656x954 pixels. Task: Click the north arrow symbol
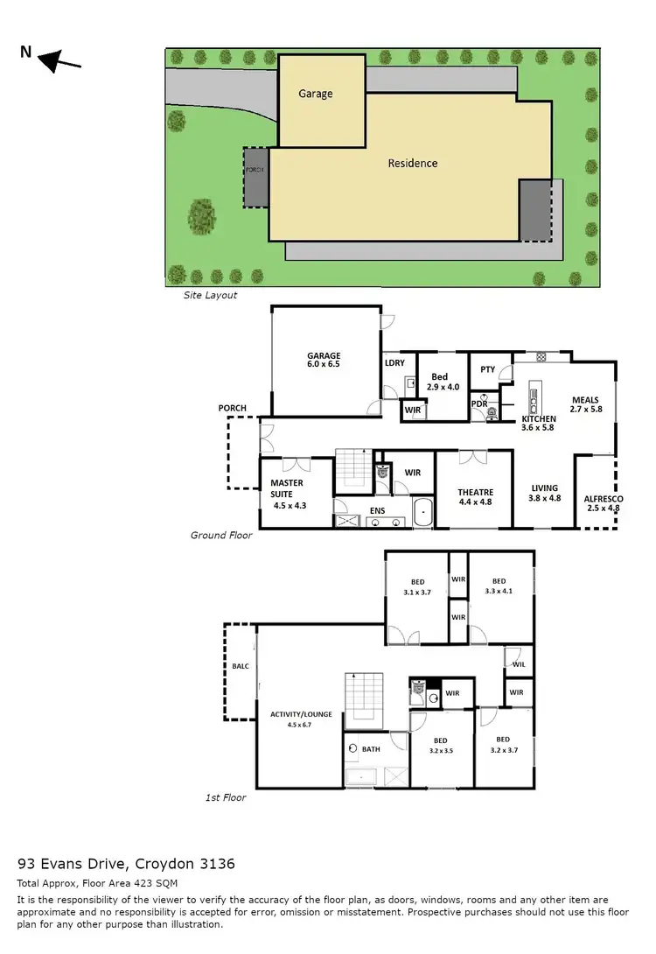coord(59,60)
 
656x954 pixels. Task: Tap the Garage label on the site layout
coord(316,94)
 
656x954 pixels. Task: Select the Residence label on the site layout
coord(413,163)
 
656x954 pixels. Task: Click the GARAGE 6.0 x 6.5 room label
coord(323,360)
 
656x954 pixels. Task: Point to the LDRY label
coord(394,363)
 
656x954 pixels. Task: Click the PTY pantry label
coord(487,369)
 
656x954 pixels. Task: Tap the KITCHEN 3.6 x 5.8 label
coord(539,424)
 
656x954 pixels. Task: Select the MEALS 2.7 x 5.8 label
coord(585,404)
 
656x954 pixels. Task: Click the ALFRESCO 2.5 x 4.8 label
coord(603,503)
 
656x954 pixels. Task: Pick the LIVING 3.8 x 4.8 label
coord(543,494)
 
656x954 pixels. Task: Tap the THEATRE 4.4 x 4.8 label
coord(476,497)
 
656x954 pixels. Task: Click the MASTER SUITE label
coord(286,488)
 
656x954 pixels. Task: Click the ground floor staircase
coord(354,468)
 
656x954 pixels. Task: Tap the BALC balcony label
coord(240,667)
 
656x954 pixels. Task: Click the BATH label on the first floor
coord(370,749)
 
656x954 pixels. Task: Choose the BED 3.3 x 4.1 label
coord(499,586)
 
